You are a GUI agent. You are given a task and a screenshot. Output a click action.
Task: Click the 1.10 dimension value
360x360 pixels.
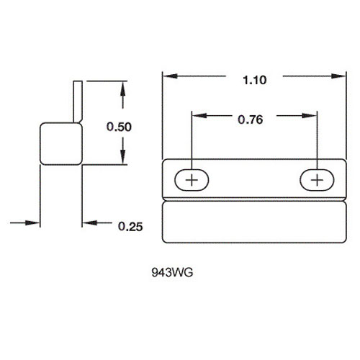click(x=254, y=80)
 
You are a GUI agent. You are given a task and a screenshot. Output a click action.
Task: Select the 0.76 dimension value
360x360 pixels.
click(x=251, y=120)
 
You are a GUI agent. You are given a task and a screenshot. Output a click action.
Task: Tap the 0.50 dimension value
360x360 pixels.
click(x=119, y=127)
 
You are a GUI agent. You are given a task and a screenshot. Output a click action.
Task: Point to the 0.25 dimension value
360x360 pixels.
click(x=130, y=227)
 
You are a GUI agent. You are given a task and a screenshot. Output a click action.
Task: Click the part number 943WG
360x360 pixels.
click(x=172, y=273)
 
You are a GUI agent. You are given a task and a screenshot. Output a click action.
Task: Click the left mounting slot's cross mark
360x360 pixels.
click(x=192, y=180)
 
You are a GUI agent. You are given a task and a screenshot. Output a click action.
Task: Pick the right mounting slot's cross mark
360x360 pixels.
click(x=318, y=180)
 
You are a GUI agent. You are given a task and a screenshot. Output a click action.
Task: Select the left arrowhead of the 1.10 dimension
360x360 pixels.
click(x=170, y=76)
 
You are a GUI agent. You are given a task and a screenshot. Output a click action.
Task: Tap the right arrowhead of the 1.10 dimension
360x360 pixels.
click(x=338, y=76)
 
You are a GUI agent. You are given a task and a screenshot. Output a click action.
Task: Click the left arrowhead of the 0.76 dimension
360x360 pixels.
click(x=199, y=116)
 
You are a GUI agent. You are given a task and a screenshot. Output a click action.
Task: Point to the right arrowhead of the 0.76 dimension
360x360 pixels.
click(x=310, y=116)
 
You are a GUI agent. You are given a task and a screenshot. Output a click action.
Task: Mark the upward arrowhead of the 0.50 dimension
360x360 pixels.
click(x=123, y=89)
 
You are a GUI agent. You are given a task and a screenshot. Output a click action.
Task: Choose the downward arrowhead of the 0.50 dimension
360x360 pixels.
click(x=123, y=157)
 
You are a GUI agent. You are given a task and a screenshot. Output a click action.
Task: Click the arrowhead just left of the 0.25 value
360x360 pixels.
click(x=90, y=222)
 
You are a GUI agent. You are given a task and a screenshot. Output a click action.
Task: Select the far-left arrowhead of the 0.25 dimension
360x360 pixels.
click(x=32, y=223)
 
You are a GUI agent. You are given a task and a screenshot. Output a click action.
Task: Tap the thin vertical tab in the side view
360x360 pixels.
click(x=78, y=102)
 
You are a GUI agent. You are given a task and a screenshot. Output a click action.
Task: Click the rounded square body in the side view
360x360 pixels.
click(x=61, y=144)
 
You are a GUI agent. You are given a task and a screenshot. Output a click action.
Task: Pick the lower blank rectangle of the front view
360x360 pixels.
click(x=254, y=222)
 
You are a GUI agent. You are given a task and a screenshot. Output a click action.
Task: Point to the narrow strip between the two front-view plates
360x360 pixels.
click(x=254, y=199)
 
